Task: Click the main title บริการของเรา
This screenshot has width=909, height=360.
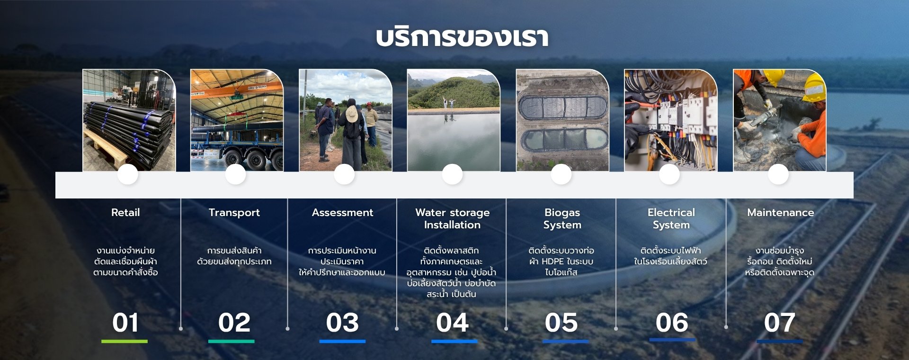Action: (x=462, y=37)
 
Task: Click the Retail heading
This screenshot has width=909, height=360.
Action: (x=125, y=213)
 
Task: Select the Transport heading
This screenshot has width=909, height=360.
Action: (x=234, y=213)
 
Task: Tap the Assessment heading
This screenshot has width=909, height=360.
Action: (x=342, y=213)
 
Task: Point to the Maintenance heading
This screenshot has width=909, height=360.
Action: (x=781, y=213)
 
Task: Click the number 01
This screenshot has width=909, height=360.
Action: (x=125, y=323)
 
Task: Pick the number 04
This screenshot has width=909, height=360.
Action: (x=452, y=323)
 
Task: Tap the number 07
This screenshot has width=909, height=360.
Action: (x=779, y=323)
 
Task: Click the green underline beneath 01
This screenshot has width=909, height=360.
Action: (x=125, y=341)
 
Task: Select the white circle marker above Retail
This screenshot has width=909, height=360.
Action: (x=128, y=174)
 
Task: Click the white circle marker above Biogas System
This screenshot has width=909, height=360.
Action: (x=561, y=174)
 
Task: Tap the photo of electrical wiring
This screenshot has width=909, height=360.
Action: (x=670, y=120)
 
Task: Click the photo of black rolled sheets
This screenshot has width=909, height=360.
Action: (x=129, y=120)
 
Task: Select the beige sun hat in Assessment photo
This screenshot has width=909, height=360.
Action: (x=352, y=114)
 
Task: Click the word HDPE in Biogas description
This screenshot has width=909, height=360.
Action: (x=553, y=261)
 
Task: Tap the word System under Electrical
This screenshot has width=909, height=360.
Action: (x=671, y=225)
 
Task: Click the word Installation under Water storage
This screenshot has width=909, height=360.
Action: (x=452, y=225)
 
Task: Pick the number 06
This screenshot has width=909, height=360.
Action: (x=672, y=323)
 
